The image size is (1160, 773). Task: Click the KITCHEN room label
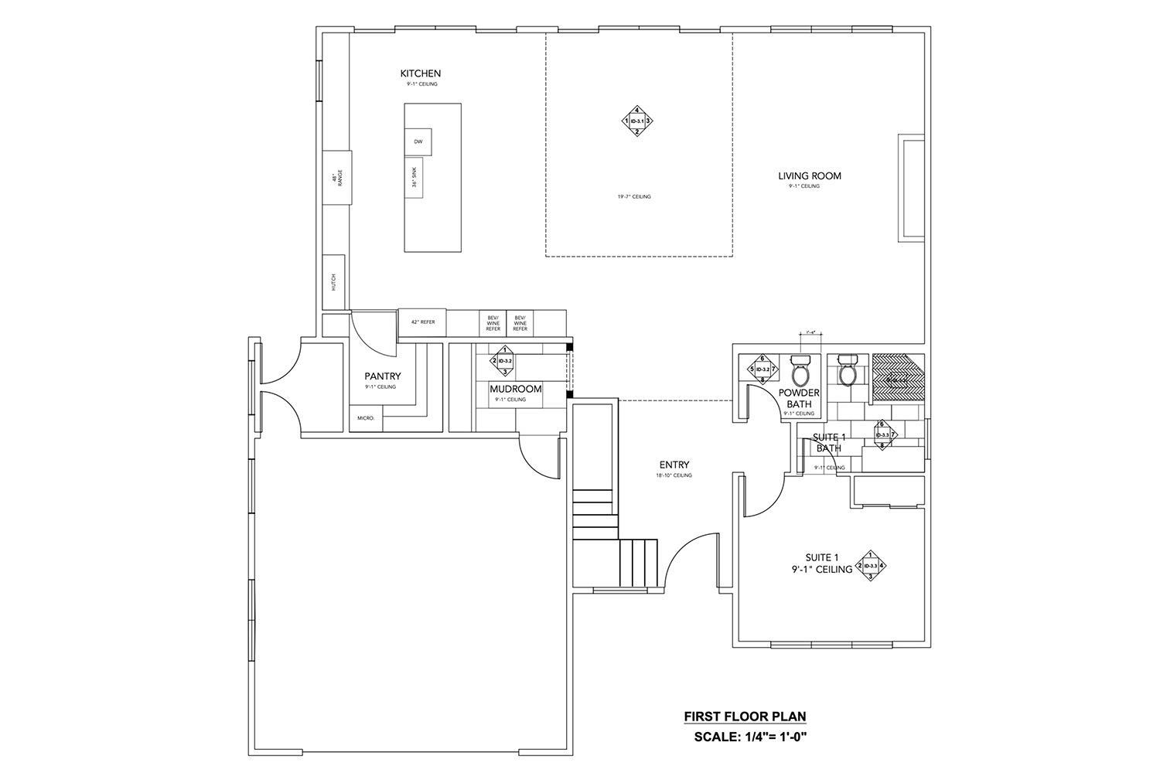(420, 73)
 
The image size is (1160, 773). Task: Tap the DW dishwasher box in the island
(418, 141)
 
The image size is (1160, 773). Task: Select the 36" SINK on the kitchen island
(414, 177)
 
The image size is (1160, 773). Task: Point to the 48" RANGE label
(336, 178)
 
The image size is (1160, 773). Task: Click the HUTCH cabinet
(333, 282)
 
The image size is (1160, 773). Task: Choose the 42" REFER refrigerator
(423, 322)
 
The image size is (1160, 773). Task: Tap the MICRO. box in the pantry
(366, 418)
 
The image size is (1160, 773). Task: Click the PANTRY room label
(383, 377)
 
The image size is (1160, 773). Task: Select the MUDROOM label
(515, 389)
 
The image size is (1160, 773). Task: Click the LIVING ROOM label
(809, 176)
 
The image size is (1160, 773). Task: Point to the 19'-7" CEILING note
(633, 197)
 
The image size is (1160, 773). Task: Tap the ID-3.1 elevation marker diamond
(637, 121)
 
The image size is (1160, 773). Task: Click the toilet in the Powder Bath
(800, 369)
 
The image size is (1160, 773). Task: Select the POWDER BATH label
(799, 398)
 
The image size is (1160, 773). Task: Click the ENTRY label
(674, 465)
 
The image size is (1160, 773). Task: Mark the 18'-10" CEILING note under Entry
(674, 475)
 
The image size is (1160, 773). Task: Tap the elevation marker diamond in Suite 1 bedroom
(870, 565)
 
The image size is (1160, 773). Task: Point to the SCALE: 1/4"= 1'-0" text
(750, 737)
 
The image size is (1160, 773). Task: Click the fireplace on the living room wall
(910, 187)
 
